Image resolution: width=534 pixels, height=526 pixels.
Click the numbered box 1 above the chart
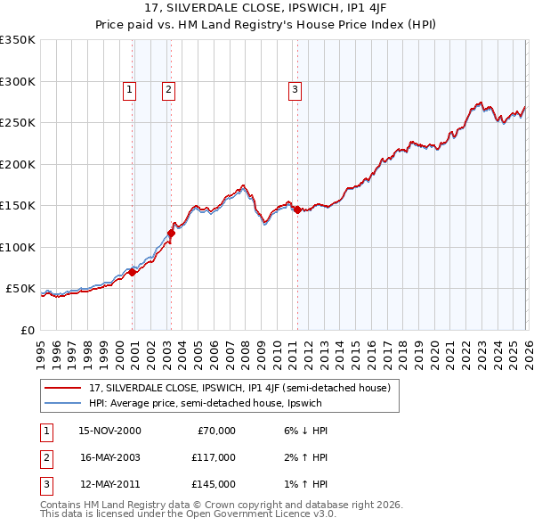[x=129, y=89]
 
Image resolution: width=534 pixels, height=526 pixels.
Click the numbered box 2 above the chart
[x=168, y=89]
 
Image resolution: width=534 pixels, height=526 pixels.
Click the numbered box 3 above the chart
[x=295, y=89]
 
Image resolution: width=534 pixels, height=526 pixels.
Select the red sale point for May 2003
[x=171, y=233]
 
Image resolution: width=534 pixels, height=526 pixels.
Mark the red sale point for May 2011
[x=296, y=210]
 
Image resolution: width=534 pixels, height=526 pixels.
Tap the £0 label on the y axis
[x=28, y=331]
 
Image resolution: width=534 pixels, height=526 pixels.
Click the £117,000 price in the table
[x=214, y=457]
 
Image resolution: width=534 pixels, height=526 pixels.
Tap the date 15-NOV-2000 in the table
[x=109, y=431]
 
